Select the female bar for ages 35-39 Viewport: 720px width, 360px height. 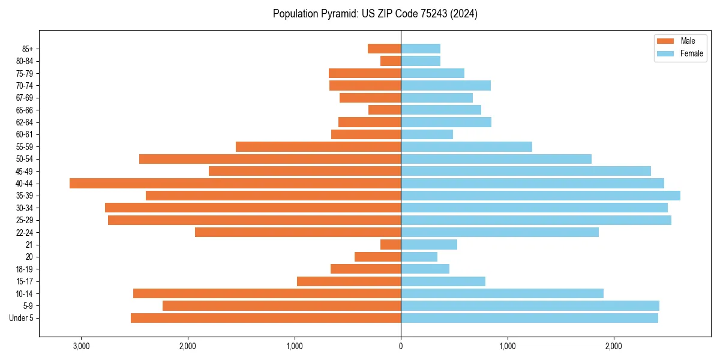[x=541, y=196]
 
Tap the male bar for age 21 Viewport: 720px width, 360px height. [x=391, y=244]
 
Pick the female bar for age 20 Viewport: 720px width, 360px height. [x=419, y=257]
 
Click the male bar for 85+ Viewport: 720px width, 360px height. [x=384, y=49]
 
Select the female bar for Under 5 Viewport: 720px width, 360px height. [x=529, y=318]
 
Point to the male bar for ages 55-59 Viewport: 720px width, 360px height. [x=318, y=146]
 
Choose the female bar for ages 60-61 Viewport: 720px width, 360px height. [x=427, y=134]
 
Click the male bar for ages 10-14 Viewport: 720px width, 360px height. [x=267, y=293]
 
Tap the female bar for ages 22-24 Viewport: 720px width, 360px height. [x=500, y=232]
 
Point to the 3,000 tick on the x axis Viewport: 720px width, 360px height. [x=81, y=346]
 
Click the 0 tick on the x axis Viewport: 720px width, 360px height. [x=401, y=346]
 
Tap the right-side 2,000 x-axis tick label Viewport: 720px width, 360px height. [x=613, y=346]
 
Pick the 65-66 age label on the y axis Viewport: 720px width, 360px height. [x=24, y=110]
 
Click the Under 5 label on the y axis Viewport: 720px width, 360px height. [x=22, y=318]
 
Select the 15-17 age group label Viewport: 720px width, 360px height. [x=24, y=281]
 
